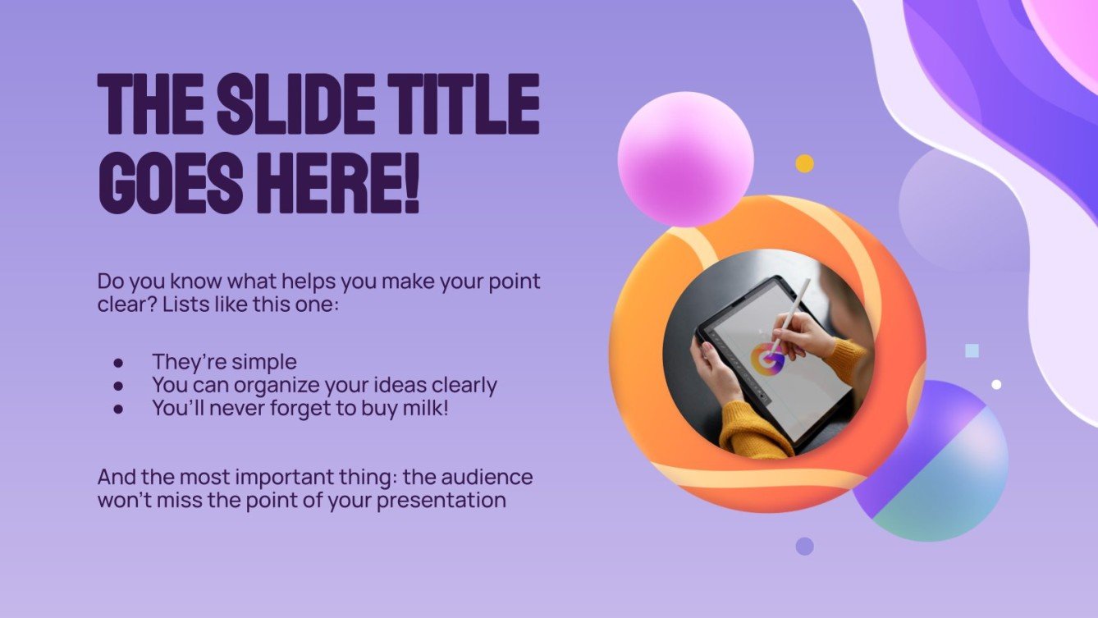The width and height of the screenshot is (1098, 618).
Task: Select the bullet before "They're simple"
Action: [119, 362]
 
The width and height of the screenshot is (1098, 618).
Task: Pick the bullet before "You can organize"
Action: [119, 385]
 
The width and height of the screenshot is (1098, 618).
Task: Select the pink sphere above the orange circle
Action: [685, 158]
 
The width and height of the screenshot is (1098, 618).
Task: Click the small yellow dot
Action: [804, 163]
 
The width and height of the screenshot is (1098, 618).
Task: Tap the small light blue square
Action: [972, 351]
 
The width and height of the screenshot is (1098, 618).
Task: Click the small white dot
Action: [996, 384]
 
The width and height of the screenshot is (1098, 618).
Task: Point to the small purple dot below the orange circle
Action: [804, 546]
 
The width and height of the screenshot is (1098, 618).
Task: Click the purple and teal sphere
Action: [936, 464]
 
